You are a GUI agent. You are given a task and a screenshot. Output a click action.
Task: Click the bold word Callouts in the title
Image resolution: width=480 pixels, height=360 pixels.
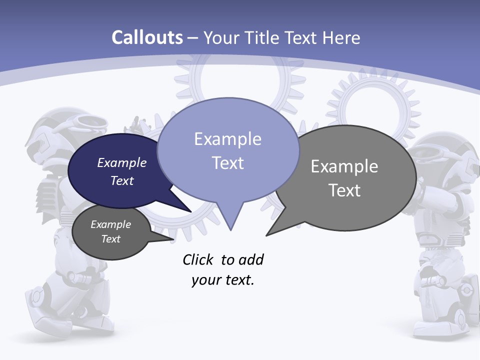(x=147, y=38)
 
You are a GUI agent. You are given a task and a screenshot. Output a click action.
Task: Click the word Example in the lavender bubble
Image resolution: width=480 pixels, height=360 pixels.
(x=228, y=139)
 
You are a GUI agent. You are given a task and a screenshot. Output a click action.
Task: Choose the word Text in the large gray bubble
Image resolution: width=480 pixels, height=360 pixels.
(x=344, y=190)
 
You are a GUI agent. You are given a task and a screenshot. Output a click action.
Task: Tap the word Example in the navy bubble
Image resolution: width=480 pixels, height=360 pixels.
(x=122, y=163)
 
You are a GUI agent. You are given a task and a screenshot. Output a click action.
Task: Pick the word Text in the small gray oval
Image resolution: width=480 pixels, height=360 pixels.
(x=111, y=239)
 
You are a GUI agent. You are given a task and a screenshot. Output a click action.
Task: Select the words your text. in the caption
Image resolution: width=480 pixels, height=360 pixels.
(x=223, y=280)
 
